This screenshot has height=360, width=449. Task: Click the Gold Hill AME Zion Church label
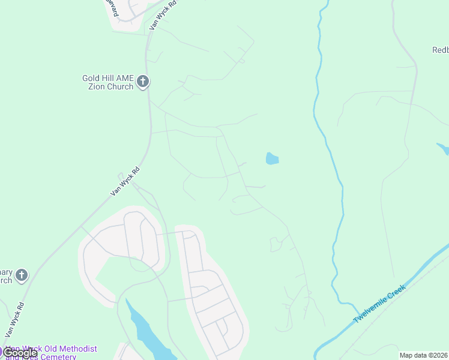click(x=108, y=82)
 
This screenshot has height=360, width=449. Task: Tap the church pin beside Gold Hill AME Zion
click(x=142, y=82)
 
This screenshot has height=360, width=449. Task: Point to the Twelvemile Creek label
click(x=379, y=304)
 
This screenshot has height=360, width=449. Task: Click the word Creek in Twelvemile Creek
click(x=397, y=293)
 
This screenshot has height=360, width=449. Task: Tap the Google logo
click(x=19, y=353)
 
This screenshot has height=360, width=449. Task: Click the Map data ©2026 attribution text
click(x=424, y=355)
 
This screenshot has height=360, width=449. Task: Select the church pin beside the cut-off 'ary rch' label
click(x=21, y=275)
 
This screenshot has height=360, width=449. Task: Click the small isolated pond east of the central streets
click(x=272, y=159)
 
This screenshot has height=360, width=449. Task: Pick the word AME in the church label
click(x=124, y=78)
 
